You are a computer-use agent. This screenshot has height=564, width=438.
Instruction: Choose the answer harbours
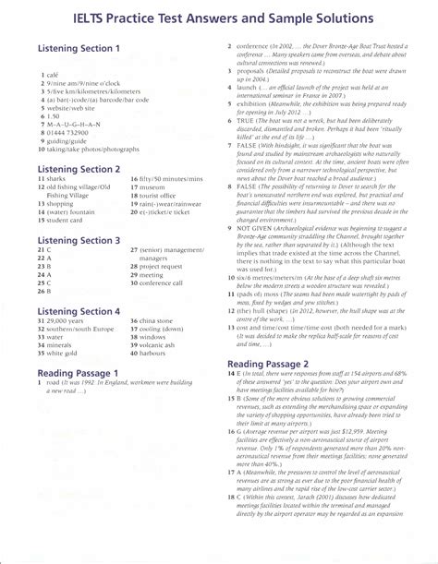(158, 353)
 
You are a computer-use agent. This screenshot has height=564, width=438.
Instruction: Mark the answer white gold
(66, 353)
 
